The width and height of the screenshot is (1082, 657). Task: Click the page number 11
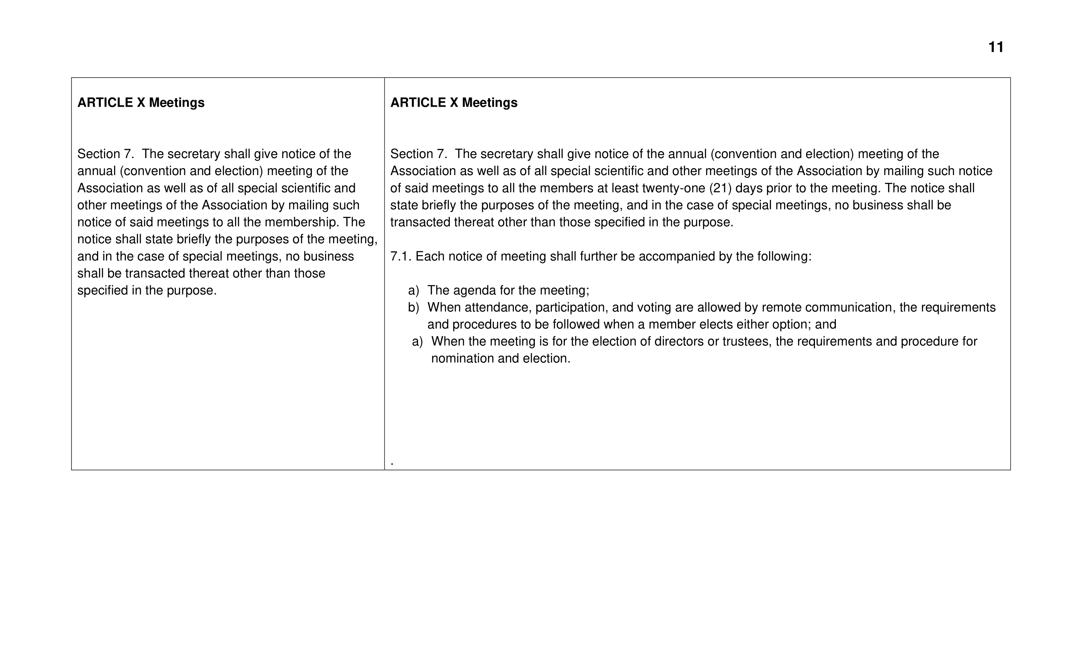(x=995, y=47)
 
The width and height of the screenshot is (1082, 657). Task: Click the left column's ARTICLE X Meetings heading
(x=141, y=102)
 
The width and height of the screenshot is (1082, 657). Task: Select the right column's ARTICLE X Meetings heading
(x=454, y=102)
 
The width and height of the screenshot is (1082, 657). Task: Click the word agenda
(x=475, y=290)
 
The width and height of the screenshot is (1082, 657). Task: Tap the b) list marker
(x=413, y=307)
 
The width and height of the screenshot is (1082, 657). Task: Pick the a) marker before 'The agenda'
(x=413, y=290)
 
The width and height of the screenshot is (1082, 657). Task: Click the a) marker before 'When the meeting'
(x=417, y=342)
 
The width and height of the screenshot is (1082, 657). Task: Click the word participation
(x=570, y=307)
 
